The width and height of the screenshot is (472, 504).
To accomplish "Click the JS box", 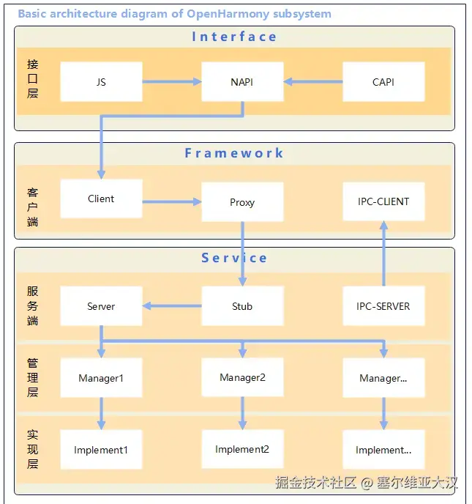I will click(x=101, y=82).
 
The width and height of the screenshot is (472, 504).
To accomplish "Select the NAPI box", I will click(x=242, y=82).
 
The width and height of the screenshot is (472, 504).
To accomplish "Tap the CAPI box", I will click(x=383, y=82).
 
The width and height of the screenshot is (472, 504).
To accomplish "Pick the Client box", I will click(x=101, y=199).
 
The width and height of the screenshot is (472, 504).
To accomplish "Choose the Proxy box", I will click(x=242, y=202).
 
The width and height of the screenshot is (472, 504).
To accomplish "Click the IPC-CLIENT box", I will click(x=383, y=201).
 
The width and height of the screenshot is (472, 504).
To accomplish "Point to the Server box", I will click(x=101, y=306).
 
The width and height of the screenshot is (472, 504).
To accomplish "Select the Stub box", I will click(x=242, y=306).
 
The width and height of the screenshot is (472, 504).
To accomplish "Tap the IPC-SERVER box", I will click(x=383, y=306).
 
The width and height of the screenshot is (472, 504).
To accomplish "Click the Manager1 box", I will click(x=101, y=378).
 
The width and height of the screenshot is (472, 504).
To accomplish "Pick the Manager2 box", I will click(x=242, y=377).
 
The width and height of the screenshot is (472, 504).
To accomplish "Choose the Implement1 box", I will click(x=101, y=450).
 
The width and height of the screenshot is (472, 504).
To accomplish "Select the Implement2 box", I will click(x=242, y=449).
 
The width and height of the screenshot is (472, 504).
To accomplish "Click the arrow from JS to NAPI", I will click(x=172, y=82).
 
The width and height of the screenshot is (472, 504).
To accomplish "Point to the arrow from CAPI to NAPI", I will click(x=313, y=82).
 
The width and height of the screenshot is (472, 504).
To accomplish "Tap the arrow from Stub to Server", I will click(x=172, y=306).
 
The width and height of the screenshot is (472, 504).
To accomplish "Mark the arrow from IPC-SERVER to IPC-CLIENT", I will click(x=383, y=253).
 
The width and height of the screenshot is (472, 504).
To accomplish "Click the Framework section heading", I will click(x=234, y=153).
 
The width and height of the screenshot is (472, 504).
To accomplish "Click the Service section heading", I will click(x=234, y=258).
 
